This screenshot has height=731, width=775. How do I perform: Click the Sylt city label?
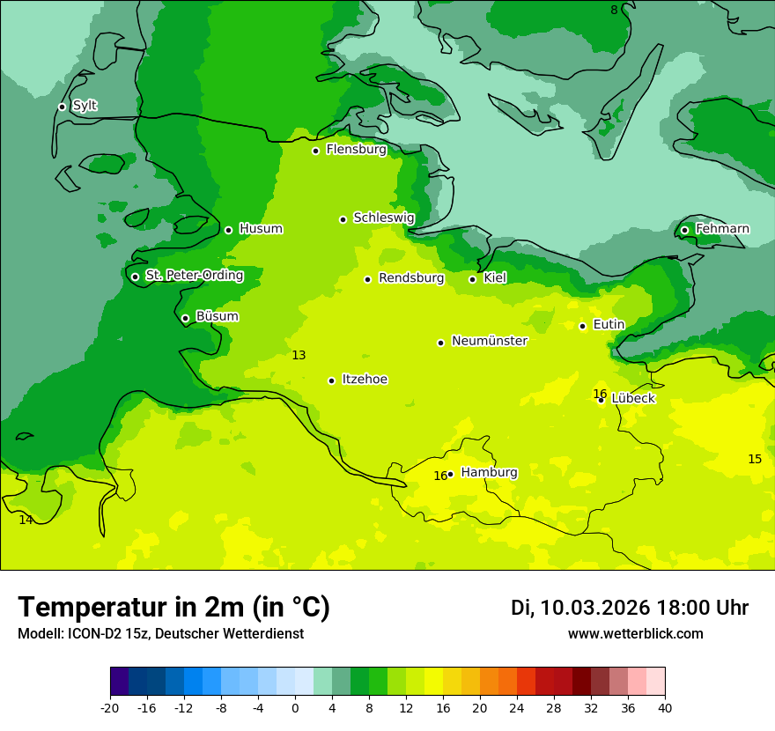[x=85, y=106]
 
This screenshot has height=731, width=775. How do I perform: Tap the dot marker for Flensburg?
[x=315, y=151]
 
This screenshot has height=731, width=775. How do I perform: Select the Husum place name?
[x=261, y=229]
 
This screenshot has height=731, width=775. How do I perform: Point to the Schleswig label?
[x=383, y=218]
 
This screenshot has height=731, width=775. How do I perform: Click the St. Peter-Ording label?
[x=194, y=276]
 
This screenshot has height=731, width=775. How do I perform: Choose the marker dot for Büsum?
[x=185, y=318]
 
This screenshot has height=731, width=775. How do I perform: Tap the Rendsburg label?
[x=411, y=278]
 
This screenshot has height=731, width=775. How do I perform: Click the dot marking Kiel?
[x=472, y=279]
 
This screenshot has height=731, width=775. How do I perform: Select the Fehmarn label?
[x=722, y=229]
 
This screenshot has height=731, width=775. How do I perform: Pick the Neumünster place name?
[x=490, y=341]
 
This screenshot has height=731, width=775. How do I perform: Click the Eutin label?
[x=609, y=325]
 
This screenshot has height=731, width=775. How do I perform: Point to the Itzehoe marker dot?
[x=331, y=380]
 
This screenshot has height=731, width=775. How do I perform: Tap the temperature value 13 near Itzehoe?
[x=299, y=355]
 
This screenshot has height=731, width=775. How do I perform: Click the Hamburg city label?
[x=489, y=473]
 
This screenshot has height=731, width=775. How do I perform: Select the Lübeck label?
[x=632, y=399]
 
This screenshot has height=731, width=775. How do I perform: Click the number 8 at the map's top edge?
[x=614, y=10]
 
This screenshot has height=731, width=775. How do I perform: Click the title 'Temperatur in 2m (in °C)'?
[x=173, y=607]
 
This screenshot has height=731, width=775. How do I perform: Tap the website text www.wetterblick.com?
[x=635, y=634]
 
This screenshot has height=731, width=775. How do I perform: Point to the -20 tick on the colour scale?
[x=110, y=707]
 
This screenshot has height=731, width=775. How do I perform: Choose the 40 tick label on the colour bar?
[x=665, y=707]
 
